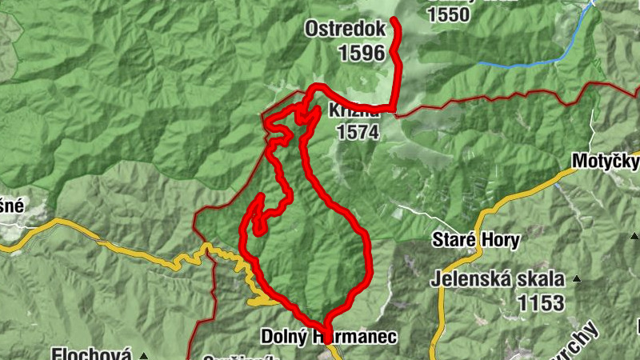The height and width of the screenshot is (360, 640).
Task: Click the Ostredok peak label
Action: click(x=345, y=29)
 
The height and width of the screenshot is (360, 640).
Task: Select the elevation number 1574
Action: click(x=358, y=133)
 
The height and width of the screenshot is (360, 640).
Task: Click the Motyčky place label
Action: click(x=606, y=162)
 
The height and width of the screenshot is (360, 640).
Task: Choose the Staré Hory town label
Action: click(x=476, y=239)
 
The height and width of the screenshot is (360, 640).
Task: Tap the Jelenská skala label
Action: click(x=496, y=279)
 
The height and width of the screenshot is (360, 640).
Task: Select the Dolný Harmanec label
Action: click(x=328, y=338)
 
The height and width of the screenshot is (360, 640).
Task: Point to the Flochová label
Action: click(x=91, y=353)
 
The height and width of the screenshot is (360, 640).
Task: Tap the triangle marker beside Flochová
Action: click(x=144, y=354)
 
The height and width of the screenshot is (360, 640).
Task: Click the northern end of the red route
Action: click(x=393, y=20)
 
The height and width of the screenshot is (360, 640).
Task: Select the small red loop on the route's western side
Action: click(x=257, y=216)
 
